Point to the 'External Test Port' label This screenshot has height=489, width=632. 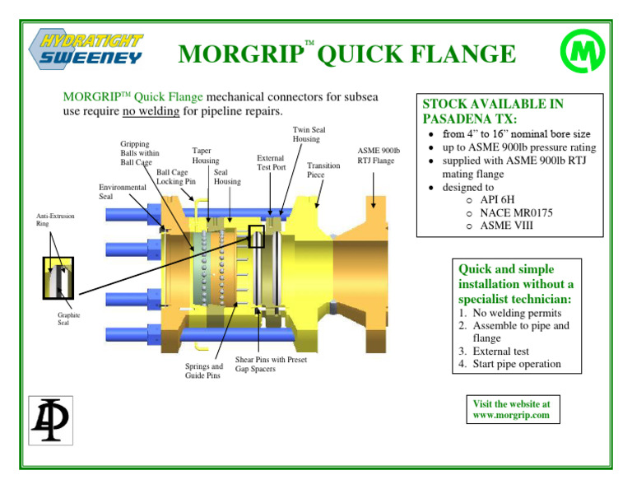[271, 161]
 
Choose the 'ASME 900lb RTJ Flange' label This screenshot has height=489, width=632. [379, 155]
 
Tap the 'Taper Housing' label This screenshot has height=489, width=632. [205, 156]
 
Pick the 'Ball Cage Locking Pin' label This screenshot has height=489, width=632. [174, 176]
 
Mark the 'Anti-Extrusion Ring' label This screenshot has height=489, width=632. [55, 220]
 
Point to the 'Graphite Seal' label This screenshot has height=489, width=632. [69, 319]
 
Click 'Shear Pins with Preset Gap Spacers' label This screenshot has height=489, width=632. [272, 364]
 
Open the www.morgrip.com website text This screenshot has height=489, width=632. [510, 416]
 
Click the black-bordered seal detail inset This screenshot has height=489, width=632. [58, 277]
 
